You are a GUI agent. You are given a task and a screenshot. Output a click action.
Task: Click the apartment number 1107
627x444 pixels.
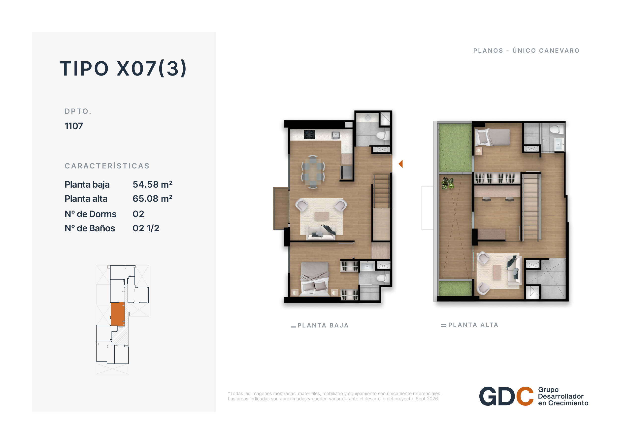click(74, 126)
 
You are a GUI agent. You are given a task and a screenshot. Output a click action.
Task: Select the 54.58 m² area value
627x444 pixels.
click(152, 184)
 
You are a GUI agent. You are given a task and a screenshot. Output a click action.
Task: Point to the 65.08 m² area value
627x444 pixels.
click(152, 199)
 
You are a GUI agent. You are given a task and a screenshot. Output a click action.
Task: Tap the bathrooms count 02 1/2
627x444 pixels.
click(146, 228)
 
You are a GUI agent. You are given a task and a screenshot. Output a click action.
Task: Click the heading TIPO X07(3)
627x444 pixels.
click(123, 68)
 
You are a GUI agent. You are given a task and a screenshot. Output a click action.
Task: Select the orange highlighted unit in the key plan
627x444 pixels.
click(118, 314)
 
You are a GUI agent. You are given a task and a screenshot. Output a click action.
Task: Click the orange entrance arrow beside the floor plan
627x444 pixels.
click(401, 164)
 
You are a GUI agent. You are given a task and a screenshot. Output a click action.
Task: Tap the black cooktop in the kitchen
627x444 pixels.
click(310, 134)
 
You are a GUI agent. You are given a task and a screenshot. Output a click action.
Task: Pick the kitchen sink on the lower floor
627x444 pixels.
click(336, 135)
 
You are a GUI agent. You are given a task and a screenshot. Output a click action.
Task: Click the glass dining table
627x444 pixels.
click(313, 172)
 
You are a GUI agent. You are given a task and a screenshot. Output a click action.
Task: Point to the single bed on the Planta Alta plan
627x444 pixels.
click(492, 137)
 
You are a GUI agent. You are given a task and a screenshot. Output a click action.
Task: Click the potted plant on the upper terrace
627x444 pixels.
click(448, 183)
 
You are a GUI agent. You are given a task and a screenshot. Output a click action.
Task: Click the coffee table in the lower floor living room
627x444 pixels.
click(321, 216)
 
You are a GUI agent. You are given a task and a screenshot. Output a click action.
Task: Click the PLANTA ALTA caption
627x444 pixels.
click(473, 325)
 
